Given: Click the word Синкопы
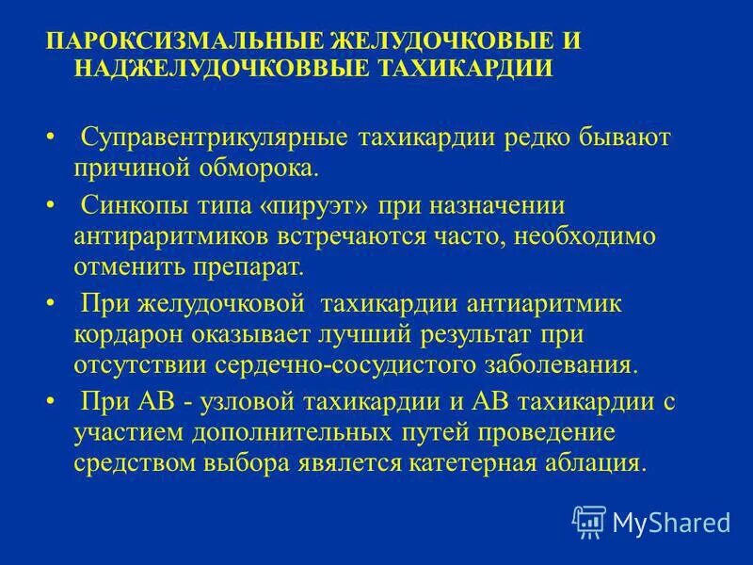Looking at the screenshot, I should tap(127, 204).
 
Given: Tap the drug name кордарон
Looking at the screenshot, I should tap(124, 334).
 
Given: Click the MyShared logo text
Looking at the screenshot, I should tap(670, 522).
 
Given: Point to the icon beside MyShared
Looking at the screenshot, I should tap(588, 521).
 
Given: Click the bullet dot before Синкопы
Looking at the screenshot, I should tap(50, 204).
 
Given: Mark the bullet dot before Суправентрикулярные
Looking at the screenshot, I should tap(50, 138).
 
